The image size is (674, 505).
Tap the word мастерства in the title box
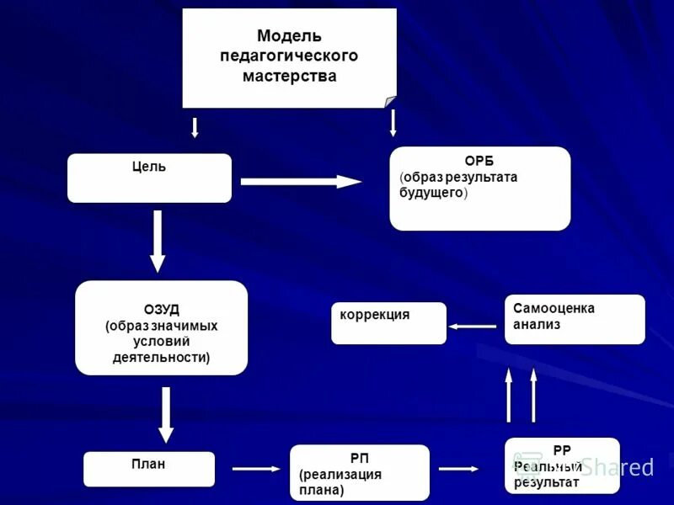pos(289,77)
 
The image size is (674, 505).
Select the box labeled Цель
pos(149,178)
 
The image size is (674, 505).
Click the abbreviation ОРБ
pos(479,161)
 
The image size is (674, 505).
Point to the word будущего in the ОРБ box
pos(431,193)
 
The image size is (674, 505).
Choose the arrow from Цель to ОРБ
pos(301,181)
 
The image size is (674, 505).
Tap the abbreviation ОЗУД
pos(161,309)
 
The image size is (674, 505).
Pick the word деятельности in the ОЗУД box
pos(160,357)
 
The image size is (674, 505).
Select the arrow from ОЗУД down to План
pos(166,414)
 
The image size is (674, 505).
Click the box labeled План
pos(148,469)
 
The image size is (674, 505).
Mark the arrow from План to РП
pos(255,469)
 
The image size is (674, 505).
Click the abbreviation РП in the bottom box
pos(360,458)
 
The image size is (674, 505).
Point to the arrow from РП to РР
pos(459,469)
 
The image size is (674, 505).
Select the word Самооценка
pos(554,308)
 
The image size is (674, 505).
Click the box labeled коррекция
pos(388,323)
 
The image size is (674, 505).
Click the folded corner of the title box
pos(390,102)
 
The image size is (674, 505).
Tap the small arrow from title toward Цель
pos(195,127)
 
